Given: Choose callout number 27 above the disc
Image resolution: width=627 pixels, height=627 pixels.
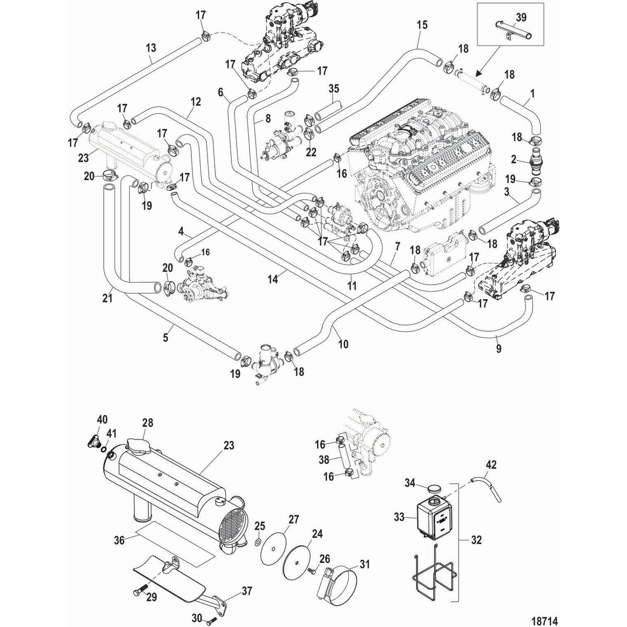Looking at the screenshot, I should click(x=293, y=519).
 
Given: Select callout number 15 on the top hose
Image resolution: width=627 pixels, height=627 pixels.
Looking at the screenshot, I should click(x=422, y=24).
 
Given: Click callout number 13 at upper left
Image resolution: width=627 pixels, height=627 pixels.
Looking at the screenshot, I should click(x=151, y=48).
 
